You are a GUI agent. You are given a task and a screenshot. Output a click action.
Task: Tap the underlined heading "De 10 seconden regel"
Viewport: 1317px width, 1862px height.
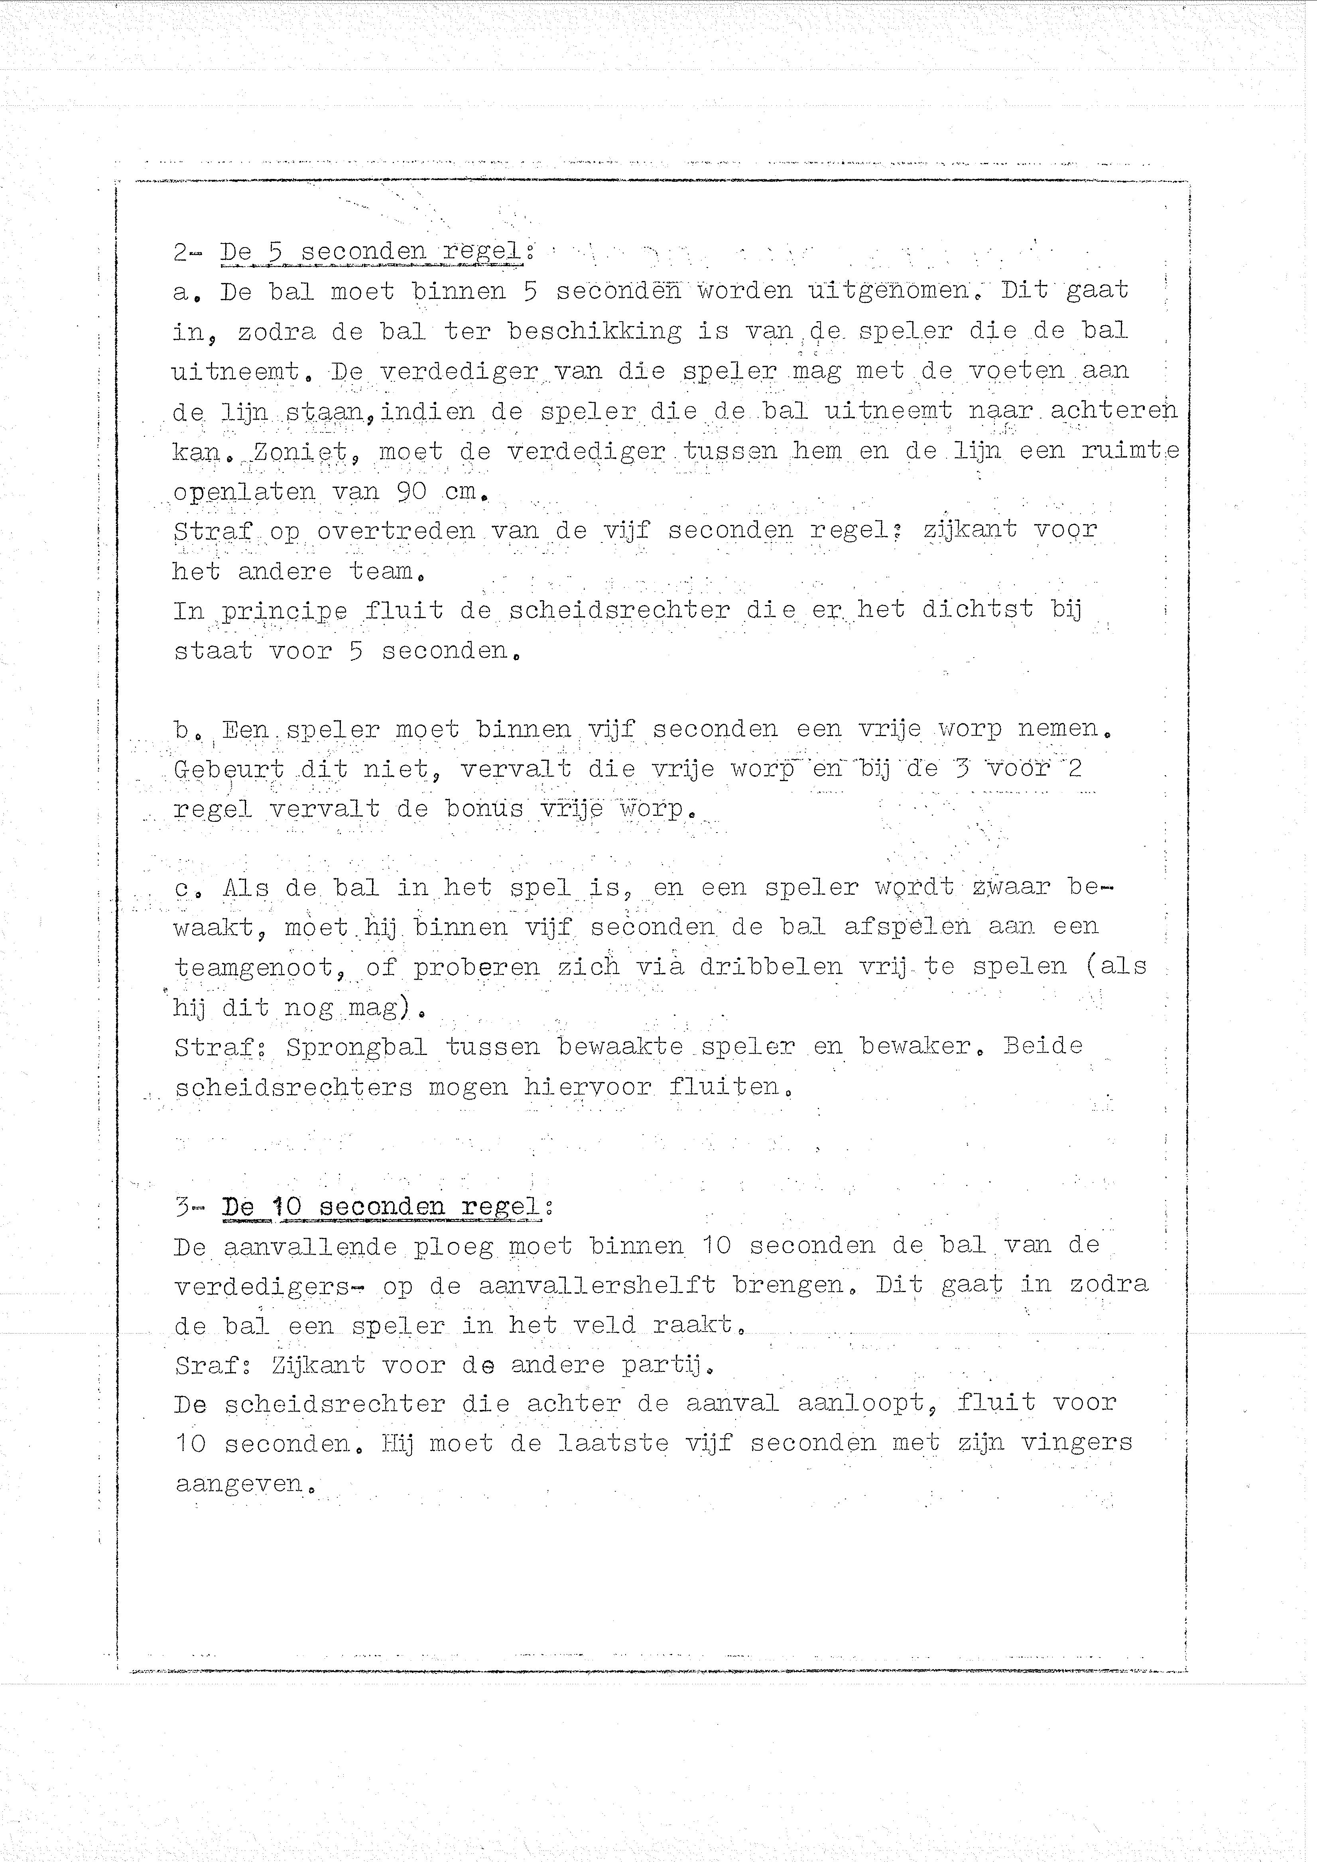click(382, 1207)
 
